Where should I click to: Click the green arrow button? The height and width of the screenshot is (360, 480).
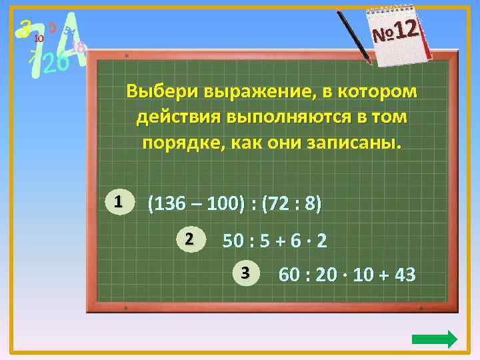[434, 339]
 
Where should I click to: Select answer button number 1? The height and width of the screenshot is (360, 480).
[117, 201]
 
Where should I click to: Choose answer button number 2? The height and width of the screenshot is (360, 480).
[189, 239]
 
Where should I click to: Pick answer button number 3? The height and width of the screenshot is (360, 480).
[245, 272]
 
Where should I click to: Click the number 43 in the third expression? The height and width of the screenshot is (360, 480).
[404, 274]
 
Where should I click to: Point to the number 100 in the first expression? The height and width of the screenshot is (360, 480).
[221, 203]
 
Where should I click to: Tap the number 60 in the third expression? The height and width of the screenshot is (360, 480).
[290, 274]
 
